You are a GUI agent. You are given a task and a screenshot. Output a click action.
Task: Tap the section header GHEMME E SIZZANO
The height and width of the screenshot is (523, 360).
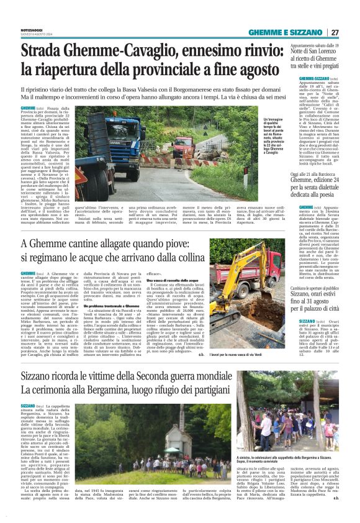pos(289,33)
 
